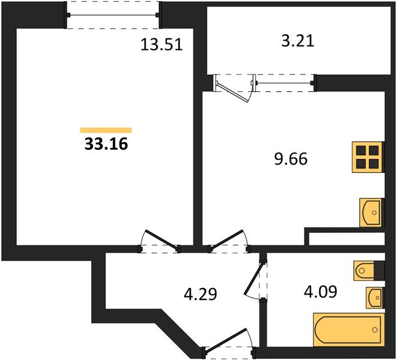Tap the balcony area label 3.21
coord(297,41)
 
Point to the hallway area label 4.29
coord(199,294)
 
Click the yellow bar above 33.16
coord(106,130)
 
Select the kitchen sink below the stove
coord(371,212)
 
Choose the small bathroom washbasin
coord(375,296)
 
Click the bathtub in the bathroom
coord(348,329)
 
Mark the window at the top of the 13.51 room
coord(114,14)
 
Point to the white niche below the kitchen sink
coord(346,239)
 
